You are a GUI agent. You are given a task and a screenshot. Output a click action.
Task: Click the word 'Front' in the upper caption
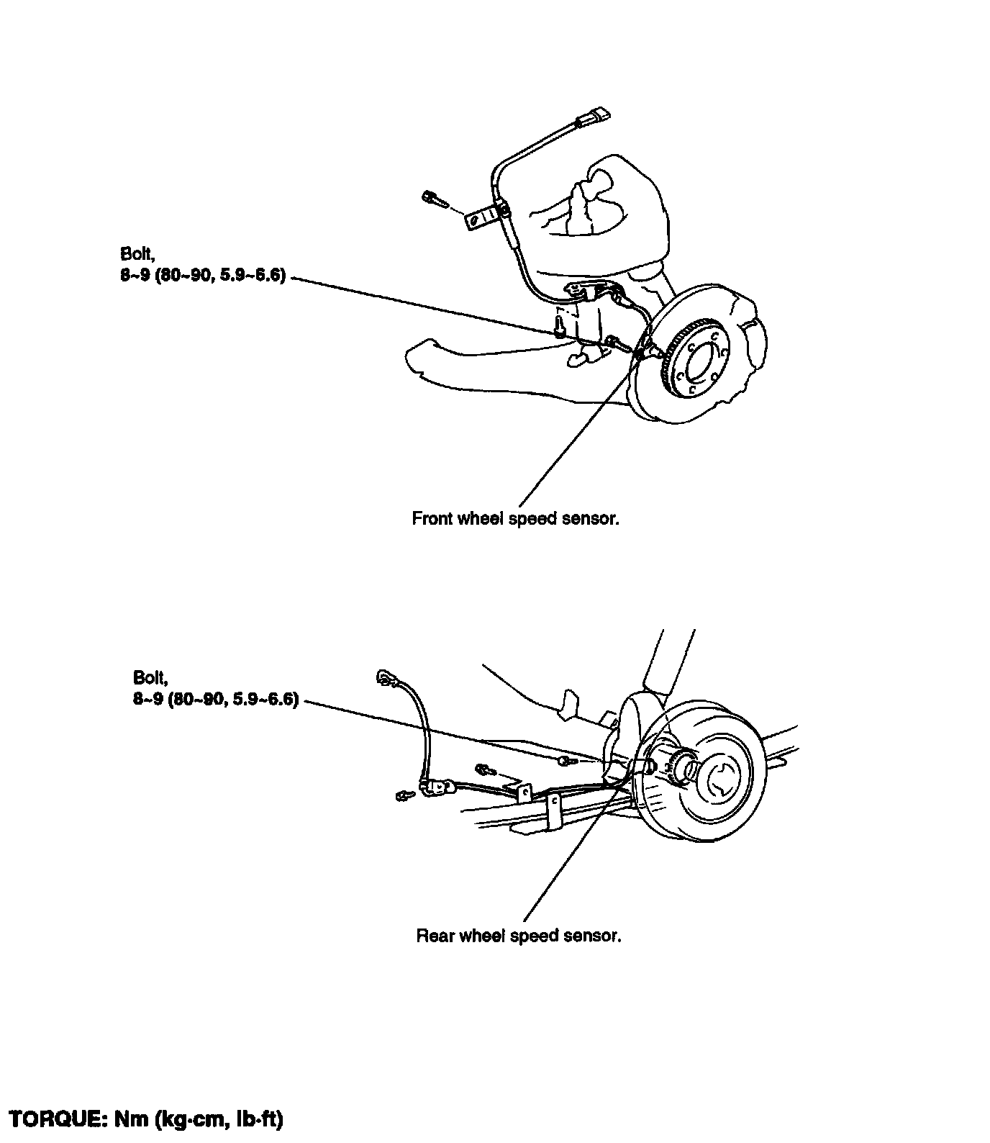coord(432,519)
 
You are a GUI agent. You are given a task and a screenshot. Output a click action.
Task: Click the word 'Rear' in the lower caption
coord(435,936)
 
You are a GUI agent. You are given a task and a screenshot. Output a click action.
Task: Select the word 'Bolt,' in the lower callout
coord(150,677)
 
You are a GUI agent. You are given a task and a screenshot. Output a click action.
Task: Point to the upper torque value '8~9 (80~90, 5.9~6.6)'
coord(203,276)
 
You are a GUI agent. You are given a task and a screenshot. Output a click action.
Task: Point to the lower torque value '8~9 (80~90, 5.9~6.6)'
coord(215,699)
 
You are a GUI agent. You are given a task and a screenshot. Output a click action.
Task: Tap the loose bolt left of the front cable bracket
coord(435,198)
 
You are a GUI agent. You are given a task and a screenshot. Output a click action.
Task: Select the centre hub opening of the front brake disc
coord(701,364)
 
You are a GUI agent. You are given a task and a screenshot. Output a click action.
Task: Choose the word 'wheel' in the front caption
coord(481,519)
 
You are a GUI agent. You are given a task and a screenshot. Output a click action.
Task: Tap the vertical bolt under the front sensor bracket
coord(560,323)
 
